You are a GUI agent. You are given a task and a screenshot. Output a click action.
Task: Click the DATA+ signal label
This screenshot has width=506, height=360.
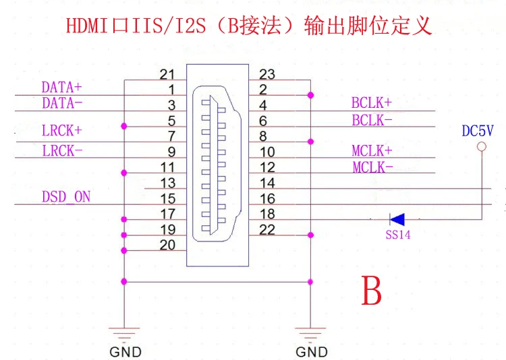61,88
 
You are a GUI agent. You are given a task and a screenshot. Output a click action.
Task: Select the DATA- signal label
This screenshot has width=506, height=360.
62,103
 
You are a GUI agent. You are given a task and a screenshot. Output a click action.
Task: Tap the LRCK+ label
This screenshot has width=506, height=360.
62,130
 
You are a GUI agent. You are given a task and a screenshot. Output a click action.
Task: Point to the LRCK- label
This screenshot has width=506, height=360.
62,150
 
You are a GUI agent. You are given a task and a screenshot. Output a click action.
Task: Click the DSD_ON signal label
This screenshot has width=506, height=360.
66,197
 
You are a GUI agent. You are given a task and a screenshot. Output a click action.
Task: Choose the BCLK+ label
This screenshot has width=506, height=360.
371,103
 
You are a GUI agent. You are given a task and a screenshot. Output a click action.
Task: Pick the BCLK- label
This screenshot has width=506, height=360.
371,120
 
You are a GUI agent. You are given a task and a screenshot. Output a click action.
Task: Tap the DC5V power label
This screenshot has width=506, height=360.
478,131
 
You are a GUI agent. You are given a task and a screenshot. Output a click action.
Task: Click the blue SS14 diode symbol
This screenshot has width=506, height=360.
397,219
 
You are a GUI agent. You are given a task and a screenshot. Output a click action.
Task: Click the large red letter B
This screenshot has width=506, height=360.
372,291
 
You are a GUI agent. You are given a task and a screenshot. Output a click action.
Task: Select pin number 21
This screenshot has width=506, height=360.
167,73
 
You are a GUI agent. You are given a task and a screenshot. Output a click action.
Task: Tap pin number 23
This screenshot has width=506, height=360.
267,74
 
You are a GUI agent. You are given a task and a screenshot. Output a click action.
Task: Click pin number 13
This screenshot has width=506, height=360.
168,183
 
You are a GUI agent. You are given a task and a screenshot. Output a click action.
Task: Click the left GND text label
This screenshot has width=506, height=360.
125,352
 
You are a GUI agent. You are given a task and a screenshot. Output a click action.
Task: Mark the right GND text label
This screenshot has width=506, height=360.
312,352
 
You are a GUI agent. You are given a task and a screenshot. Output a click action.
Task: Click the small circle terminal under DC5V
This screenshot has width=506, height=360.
481,147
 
